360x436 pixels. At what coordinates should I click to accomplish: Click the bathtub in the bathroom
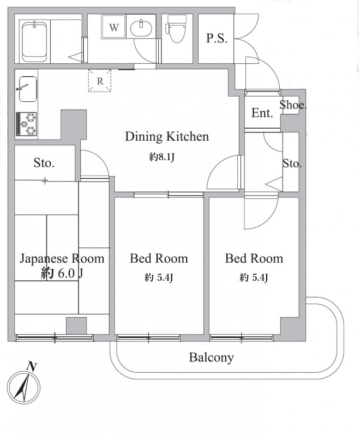coord(34,41)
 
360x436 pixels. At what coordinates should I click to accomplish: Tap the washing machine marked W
coord(114,26)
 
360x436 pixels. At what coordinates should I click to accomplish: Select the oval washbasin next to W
coord(141,28)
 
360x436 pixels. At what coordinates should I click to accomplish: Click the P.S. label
coord(217,38)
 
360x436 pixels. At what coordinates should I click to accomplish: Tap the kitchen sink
coord(28,89)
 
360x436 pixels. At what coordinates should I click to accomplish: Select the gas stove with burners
coord(26,124)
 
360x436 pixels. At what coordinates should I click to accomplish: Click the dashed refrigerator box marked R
coord(100,81)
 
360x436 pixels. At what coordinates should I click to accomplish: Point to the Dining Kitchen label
coord(167,137)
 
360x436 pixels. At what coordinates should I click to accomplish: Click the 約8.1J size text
coord(161,158)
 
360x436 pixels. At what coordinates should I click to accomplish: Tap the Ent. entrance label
coord(262,113)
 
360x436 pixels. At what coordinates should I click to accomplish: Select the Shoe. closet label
coord(293,105)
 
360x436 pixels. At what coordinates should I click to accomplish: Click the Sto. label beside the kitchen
coord(44,162)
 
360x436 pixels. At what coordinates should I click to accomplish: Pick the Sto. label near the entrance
coord(292,163)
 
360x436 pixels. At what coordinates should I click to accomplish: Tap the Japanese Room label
coord(62,258)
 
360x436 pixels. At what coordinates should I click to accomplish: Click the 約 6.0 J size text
coord(62,274)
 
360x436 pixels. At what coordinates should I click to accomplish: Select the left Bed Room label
coord(159,258)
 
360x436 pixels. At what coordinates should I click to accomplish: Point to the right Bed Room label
coord(254,258)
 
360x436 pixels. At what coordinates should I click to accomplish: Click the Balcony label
coord(212,358)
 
